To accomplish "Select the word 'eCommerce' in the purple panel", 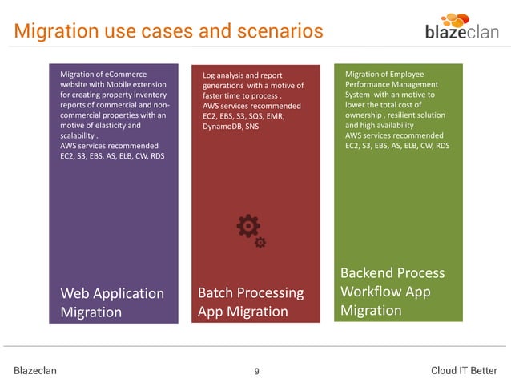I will [124, 75].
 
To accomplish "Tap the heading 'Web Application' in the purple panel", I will [112, 293].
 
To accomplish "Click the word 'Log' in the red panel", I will [210, 75].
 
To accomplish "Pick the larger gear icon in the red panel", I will [247, 226].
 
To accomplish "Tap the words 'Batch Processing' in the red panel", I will [251, 292].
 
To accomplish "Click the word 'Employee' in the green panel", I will [408, 74].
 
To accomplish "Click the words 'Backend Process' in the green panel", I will [392, 272].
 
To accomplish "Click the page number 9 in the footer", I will [255, 370].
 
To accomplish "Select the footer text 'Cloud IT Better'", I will [463, 370].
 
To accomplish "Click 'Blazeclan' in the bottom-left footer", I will [35, 370].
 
